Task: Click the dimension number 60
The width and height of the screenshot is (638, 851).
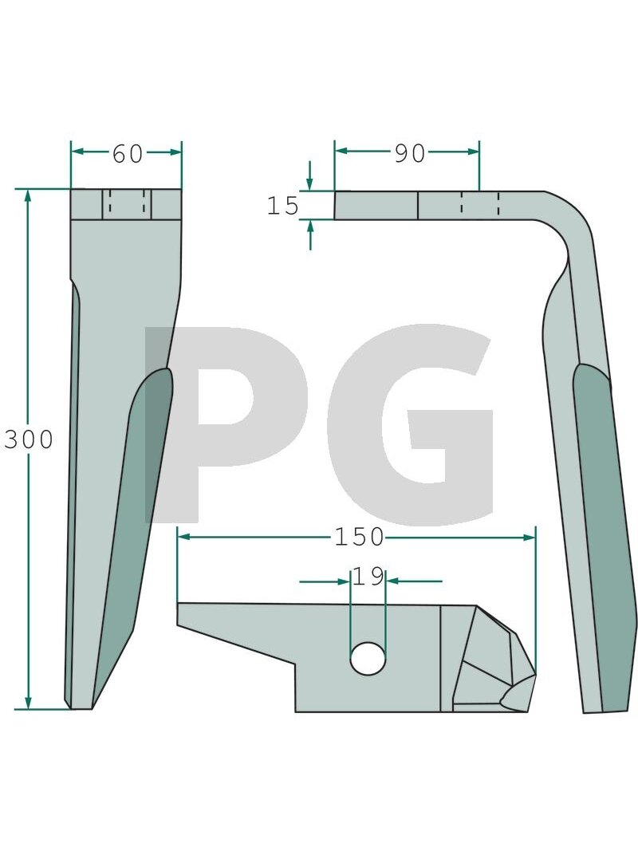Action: click(128, 154)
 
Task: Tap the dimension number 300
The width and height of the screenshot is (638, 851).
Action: click(29, 439)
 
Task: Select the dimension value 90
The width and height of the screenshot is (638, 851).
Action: click(410, 154)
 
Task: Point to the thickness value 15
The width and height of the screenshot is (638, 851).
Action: click(282, 206)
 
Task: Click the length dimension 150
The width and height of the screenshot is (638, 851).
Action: click(359, 538)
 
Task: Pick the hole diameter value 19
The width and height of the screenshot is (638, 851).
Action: click(369, 577)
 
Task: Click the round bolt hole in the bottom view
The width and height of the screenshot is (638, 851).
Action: click(368, 658)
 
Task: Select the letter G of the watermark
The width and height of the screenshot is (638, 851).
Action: click(412, 424)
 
